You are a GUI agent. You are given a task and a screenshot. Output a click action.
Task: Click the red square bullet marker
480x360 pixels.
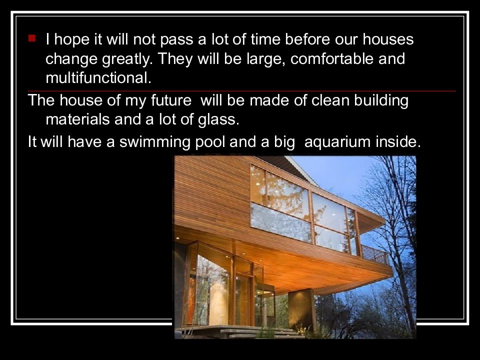[32, 38]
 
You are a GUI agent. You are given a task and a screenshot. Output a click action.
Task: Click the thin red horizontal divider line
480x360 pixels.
[240, 91]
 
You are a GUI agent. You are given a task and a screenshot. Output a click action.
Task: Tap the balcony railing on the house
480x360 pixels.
[375, 253]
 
